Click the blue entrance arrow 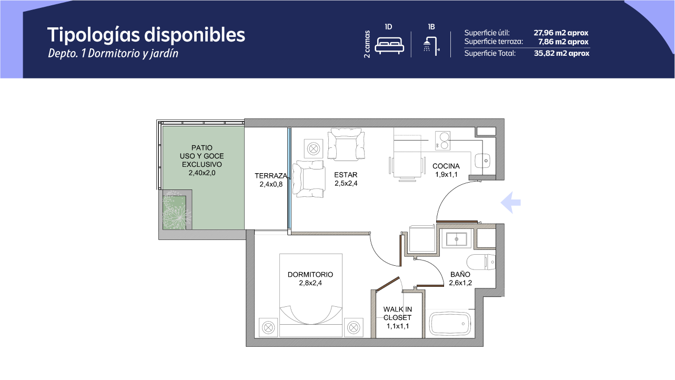click(x=511, y=203)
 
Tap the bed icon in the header click(x=389, y=45)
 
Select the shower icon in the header click(x=431, y=46)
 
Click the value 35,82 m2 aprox click(x=562, y=53)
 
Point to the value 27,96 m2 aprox click(x=561, y=33)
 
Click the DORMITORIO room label click(x=310, y=275)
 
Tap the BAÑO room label click(x=460, y=274)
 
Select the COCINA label click(x=446, y=166)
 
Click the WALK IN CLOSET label click(x=397, y=313)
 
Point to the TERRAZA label click(x=271, y=176)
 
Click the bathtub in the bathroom click(x=450, y=324)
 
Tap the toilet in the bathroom click(x=481, y=262)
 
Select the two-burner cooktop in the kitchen click(x=442, y=141)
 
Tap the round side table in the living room click(x=314, y=148)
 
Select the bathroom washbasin click(x=457, y=239)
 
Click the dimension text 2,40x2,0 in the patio click(x=202, y=173)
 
